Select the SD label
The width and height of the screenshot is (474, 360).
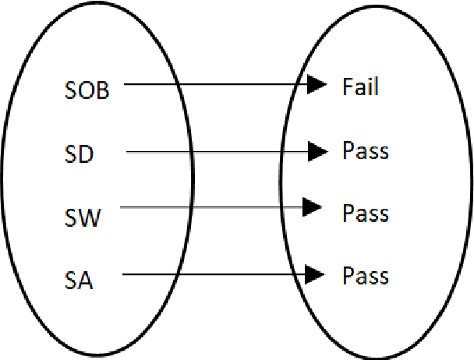(78, 154)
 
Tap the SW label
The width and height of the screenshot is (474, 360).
(81, 217)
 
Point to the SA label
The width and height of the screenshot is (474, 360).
(78, 281)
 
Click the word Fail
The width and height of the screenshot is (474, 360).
(360, 86)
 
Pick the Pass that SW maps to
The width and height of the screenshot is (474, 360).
(365, 212)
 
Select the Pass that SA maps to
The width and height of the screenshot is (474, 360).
(365, 275)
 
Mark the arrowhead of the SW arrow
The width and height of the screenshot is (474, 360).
(313, 206)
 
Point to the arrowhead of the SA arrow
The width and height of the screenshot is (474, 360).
(315, 274)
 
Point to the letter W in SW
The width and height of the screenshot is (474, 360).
(89, 217)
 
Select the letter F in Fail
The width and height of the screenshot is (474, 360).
(348, 86)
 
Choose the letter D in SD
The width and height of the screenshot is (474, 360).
(86, 154)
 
